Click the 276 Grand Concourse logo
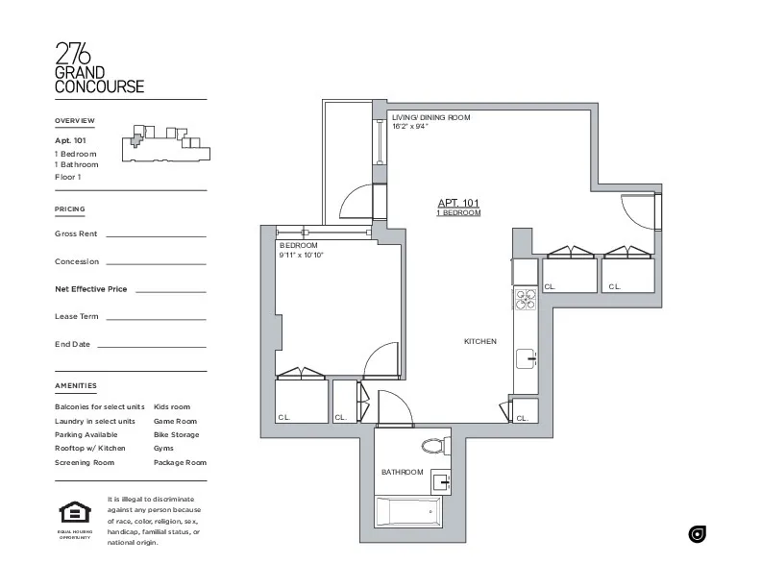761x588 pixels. pos(100,68)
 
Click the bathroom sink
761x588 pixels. pos(438,480)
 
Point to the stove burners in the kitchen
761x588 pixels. pos(525,300)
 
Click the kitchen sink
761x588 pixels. pos(526,359)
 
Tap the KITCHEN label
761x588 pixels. pos(479,342)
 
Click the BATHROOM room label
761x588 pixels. pos(402,472)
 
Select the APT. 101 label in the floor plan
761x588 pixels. pos(458,203)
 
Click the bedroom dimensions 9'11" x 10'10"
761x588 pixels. pos(302,256)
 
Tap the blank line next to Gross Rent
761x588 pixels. pos(156,234)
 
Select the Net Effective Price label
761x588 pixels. pos(90,289)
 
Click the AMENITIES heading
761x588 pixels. pos(76,386)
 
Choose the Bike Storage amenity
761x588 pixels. pos(176,435)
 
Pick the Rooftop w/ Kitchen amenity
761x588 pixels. pos(90,449)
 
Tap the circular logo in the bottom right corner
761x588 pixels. pos(697,534)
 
